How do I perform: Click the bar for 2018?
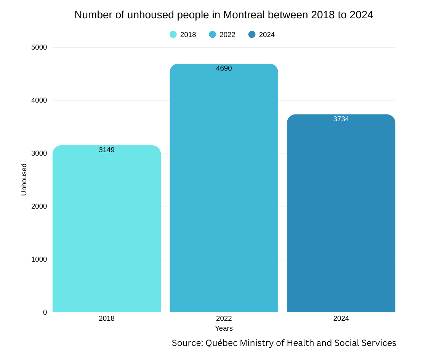(x=107, y=229)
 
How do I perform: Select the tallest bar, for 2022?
(x=224, y=191)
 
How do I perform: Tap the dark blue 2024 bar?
(x=341, y=214)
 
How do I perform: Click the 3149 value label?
(x=107, y=150)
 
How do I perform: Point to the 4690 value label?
(x=224, y=68)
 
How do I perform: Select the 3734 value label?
(x=341, y=119)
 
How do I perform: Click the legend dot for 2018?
(x=173, y=35)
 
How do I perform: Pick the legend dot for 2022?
(x=212, y=35)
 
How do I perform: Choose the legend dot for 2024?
(x=252, y=35)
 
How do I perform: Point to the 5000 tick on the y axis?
(x=39, y=47)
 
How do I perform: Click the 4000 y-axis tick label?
(x=39, y=100)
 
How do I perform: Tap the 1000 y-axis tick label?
(x=39, y=259)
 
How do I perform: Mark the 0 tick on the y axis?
(x=45, y=312)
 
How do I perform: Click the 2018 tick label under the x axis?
(x=107, y=318)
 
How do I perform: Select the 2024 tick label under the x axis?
(x=341, y=318)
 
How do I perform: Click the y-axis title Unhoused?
(x=24, y=180)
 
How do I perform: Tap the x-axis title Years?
(x=224, y=328)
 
